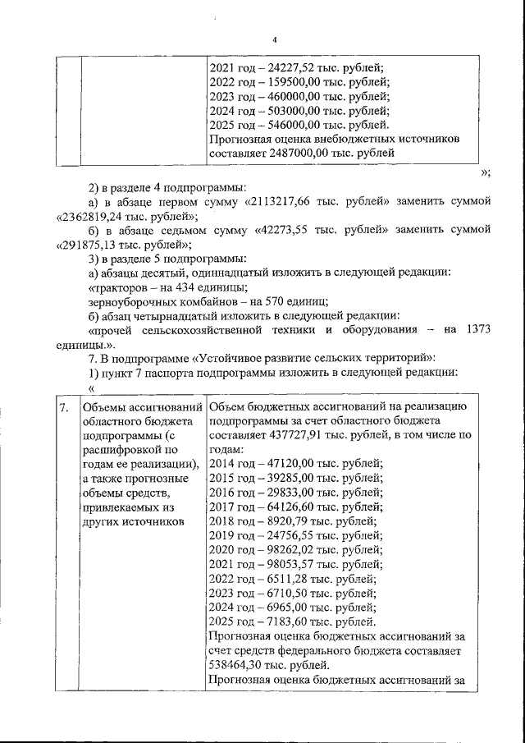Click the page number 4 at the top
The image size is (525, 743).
[275, 39]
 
